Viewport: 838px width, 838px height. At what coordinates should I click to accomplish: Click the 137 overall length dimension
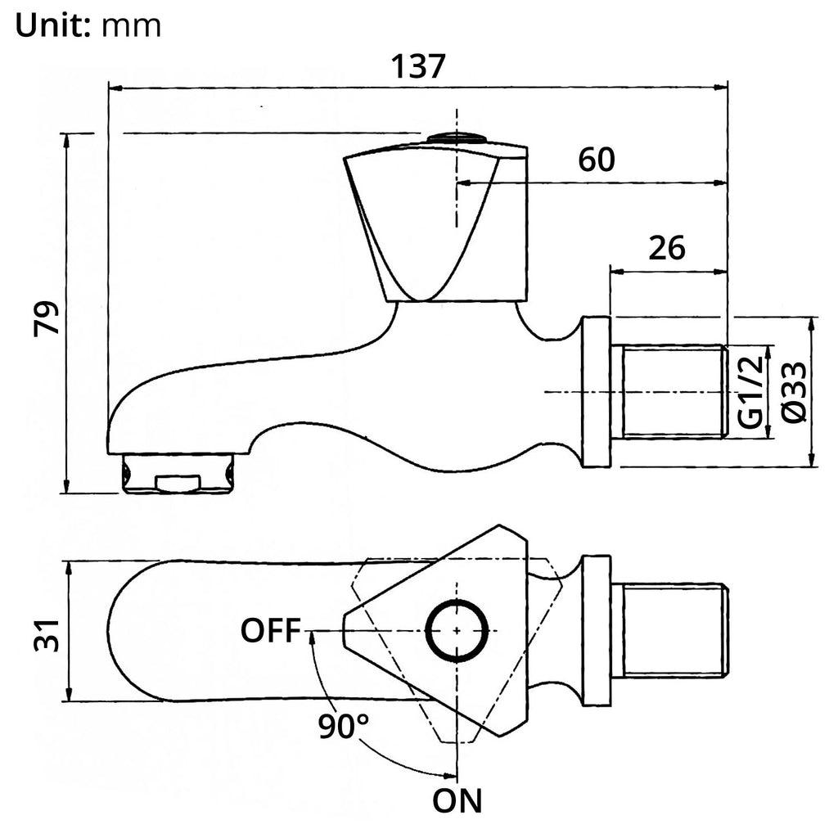pos(418,66)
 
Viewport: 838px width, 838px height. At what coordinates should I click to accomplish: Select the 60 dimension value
pos(597,160)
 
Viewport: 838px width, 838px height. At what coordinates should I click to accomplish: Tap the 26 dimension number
pos(666,248)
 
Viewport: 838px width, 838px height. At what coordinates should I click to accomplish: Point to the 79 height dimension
pos(46,318)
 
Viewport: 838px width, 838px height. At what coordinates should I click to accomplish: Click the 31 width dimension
pos(46,635)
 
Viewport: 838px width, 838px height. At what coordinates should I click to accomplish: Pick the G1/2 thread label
pos(751,392)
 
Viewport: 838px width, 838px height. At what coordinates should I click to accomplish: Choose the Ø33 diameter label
pos(794,392)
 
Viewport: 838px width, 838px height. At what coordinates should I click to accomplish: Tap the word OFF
pos(271,631)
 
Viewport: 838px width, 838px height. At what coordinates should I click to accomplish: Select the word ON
pos(457,800)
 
